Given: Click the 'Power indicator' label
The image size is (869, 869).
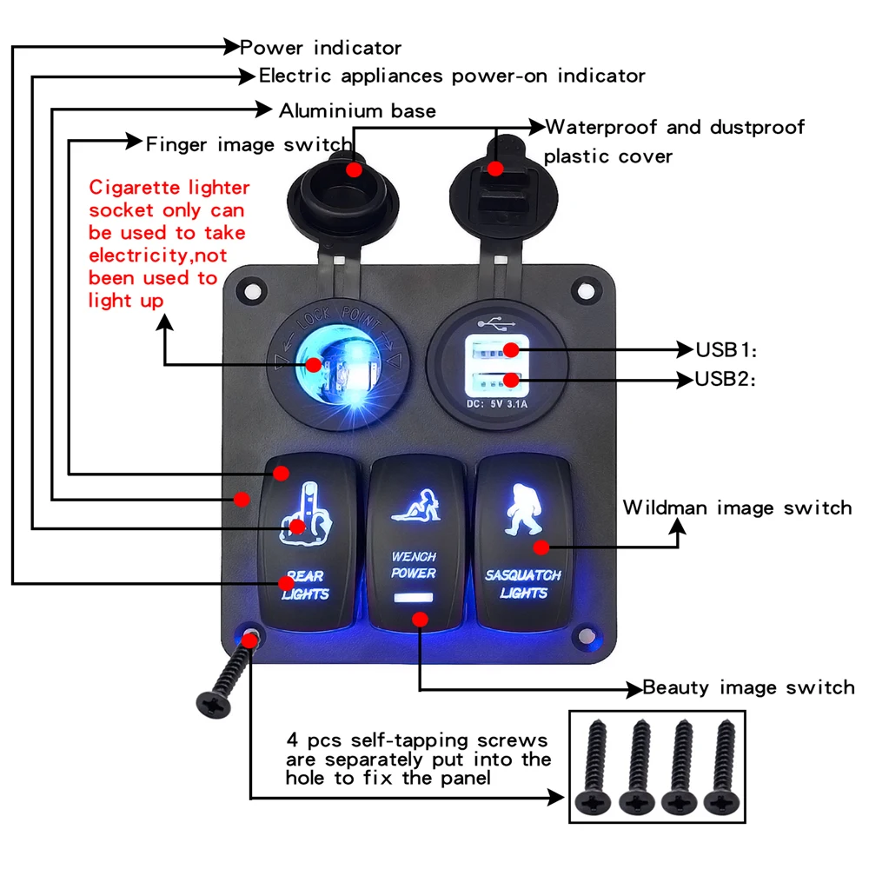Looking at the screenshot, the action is click(321, 48).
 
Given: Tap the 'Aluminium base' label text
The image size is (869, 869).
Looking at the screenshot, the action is click(357, 111).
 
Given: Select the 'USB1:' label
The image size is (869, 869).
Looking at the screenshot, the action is click(726, 349).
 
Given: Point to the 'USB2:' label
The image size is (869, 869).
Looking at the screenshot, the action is click(726, 379).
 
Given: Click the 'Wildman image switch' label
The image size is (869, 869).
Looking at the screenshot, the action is click(737, 507).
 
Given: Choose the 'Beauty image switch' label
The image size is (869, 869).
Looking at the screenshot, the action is click(748, 687).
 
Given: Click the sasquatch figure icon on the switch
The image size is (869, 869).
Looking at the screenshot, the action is click(523, 509).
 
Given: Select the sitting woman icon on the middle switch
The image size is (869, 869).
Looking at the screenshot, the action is click(416, 505).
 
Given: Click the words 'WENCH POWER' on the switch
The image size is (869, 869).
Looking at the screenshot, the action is click(414, 565).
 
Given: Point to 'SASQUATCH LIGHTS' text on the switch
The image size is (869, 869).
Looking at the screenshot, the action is click(523, 584).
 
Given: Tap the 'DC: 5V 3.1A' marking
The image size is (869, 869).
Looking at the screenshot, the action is click(497, 404).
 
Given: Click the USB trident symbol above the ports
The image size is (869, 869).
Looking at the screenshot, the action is click(496, 323).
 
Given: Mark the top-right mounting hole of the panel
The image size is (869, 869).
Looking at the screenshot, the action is click(586, 291).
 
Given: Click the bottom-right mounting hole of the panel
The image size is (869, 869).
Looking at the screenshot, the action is click(587, 636).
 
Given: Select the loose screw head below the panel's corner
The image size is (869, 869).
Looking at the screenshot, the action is click(214, 705).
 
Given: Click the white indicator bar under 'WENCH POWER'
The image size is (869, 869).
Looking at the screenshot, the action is click(414, 598).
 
